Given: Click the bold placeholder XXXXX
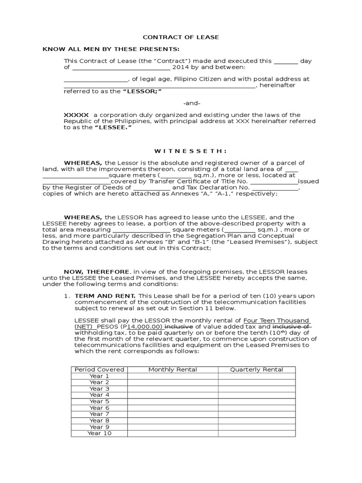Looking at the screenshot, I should pyautogui.click(x=76, y=115).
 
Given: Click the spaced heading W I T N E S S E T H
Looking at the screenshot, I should pyautogui.click(x=185, y=151).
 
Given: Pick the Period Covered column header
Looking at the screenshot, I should pyautogui.click(x=99, y=369).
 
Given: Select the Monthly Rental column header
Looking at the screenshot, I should pyautogui.click(x=173, y=369).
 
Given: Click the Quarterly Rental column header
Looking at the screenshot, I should pyautogui.click(x=256, y=369).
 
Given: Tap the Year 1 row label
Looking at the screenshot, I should pyautogui.click(x=99, y=376).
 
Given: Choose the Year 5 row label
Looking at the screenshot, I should pyautogui.click(x=99, y=401).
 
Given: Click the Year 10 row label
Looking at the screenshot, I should pyautogui.click(x=99, y=433).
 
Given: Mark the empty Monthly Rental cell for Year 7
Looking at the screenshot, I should pyautogui.click(x=173, y=414).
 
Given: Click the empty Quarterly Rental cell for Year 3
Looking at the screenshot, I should pyautogui.click(x=256, y=389).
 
